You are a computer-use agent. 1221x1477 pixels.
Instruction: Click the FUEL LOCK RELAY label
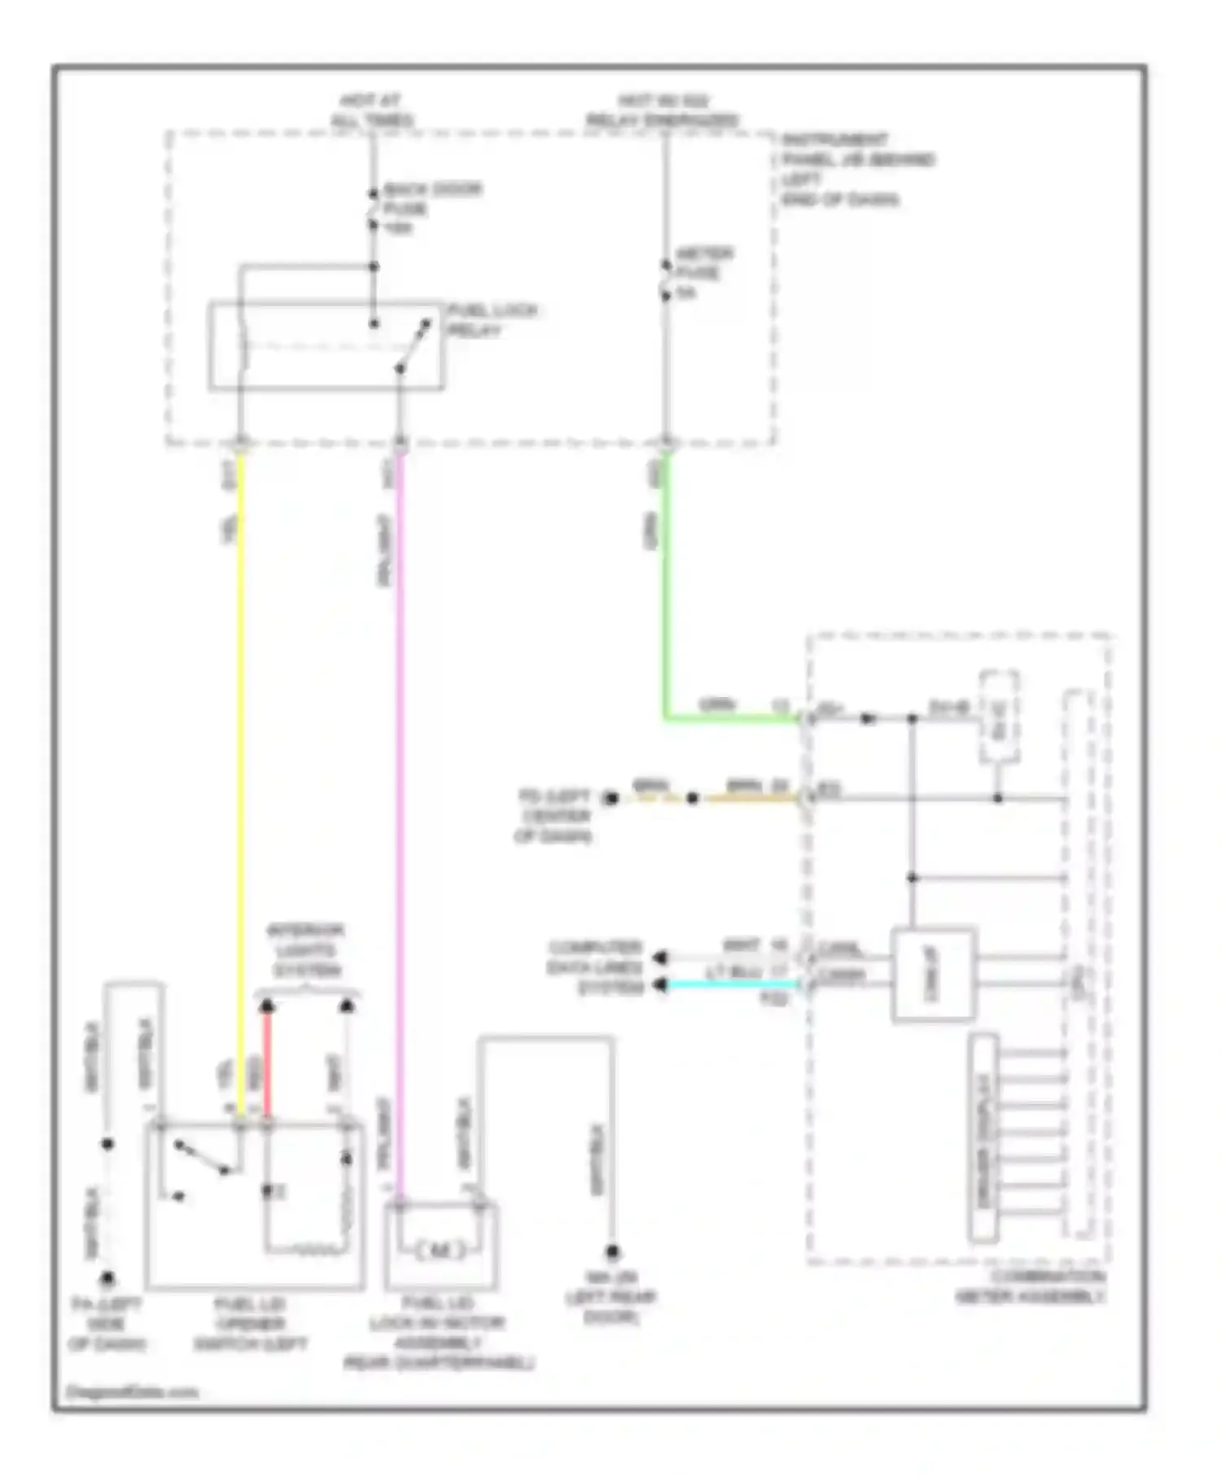(492, 320)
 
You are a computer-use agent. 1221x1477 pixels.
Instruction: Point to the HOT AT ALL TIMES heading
(371, 111)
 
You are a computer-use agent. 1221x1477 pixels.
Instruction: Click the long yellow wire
(241, 733)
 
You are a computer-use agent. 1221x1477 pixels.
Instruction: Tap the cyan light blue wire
(733, 985)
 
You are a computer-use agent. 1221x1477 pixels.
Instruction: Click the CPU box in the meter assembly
(933, 974)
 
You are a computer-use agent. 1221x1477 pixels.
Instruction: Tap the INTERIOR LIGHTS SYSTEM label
(306, 950)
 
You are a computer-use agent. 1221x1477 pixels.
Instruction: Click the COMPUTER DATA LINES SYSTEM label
(597, 967)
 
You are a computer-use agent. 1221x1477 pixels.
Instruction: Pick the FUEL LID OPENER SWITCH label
(250, 1324)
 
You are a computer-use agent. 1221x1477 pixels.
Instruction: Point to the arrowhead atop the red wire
(267, 1006)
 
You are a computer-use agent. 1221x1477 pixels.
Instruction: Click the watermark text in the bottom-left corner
(132, 1392)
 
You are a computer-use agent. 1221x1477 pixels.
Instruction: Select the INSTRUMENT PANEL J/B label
(856, 169)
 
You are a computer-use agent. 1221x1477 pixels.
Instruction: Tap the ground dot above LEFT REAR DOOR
(612, 1251)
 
